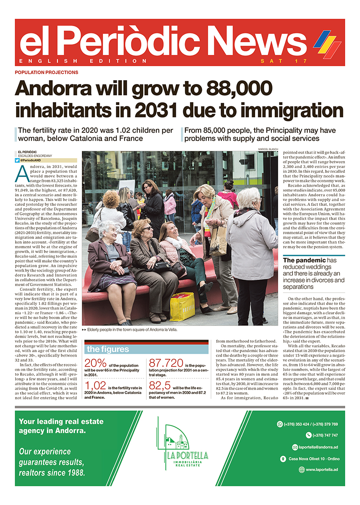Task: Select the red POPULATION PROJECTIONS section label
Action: point(47,72)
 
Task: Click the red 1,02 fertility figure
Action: point(97,386)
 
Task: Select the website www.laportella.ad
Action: point(322,470)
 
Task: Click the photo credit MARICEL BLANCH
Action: point(268,149)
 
